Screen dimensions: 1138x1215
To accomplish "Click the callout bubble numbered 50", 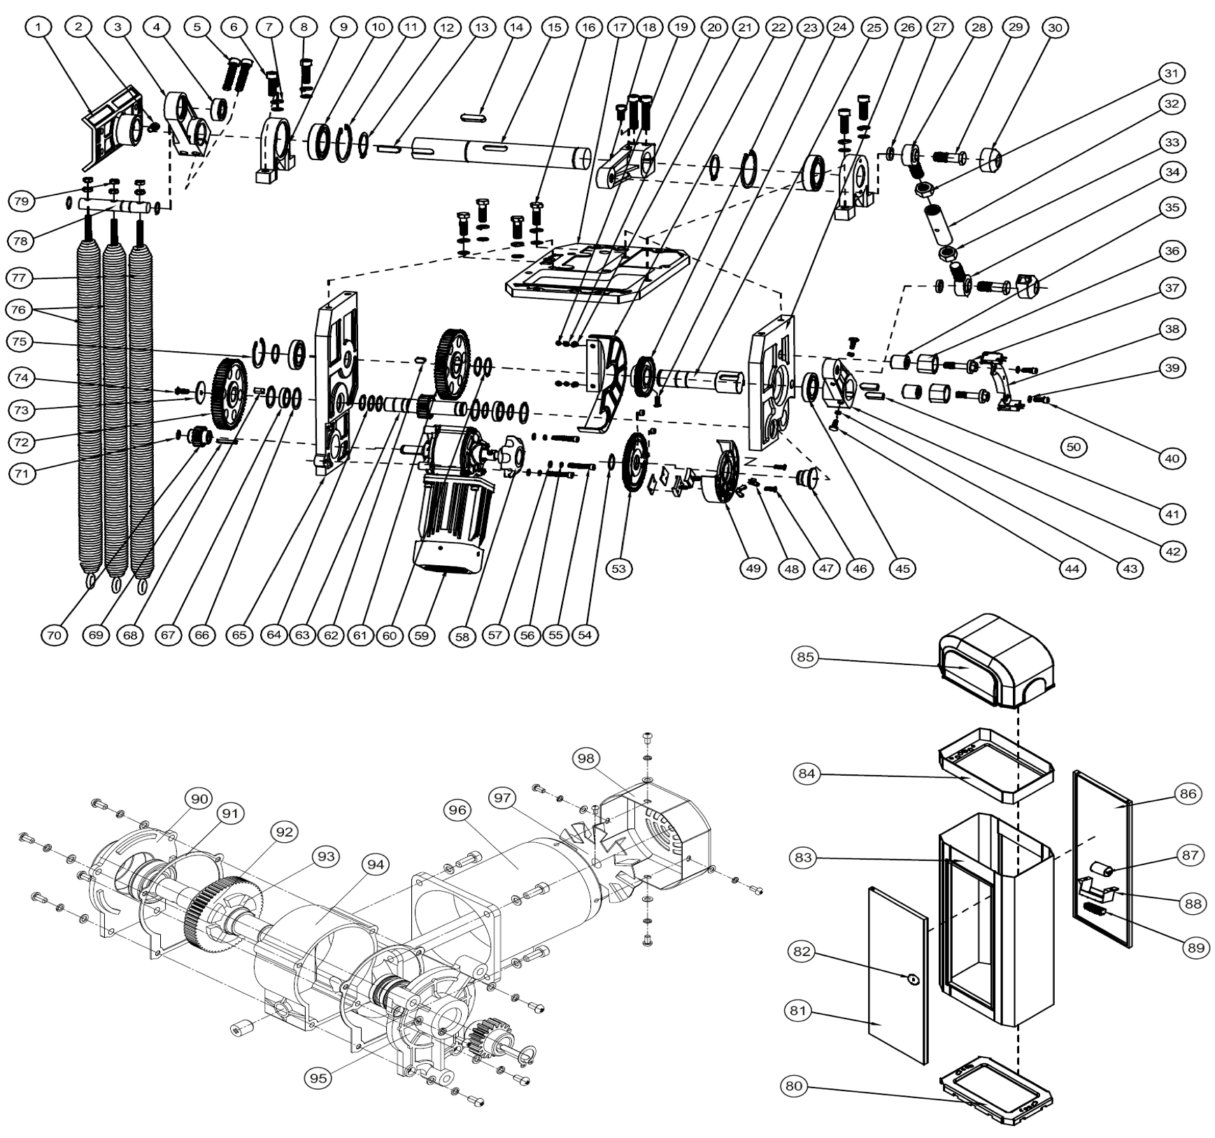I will coord(1073,446).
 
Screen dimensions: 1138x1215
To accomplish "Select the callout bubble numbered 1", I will coord(38,27).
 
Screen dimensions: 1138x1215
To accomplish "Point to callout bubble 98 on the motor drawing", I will coord(585,758).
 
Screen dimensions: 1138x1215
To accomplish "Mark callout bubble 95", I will coord(318,1078).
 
